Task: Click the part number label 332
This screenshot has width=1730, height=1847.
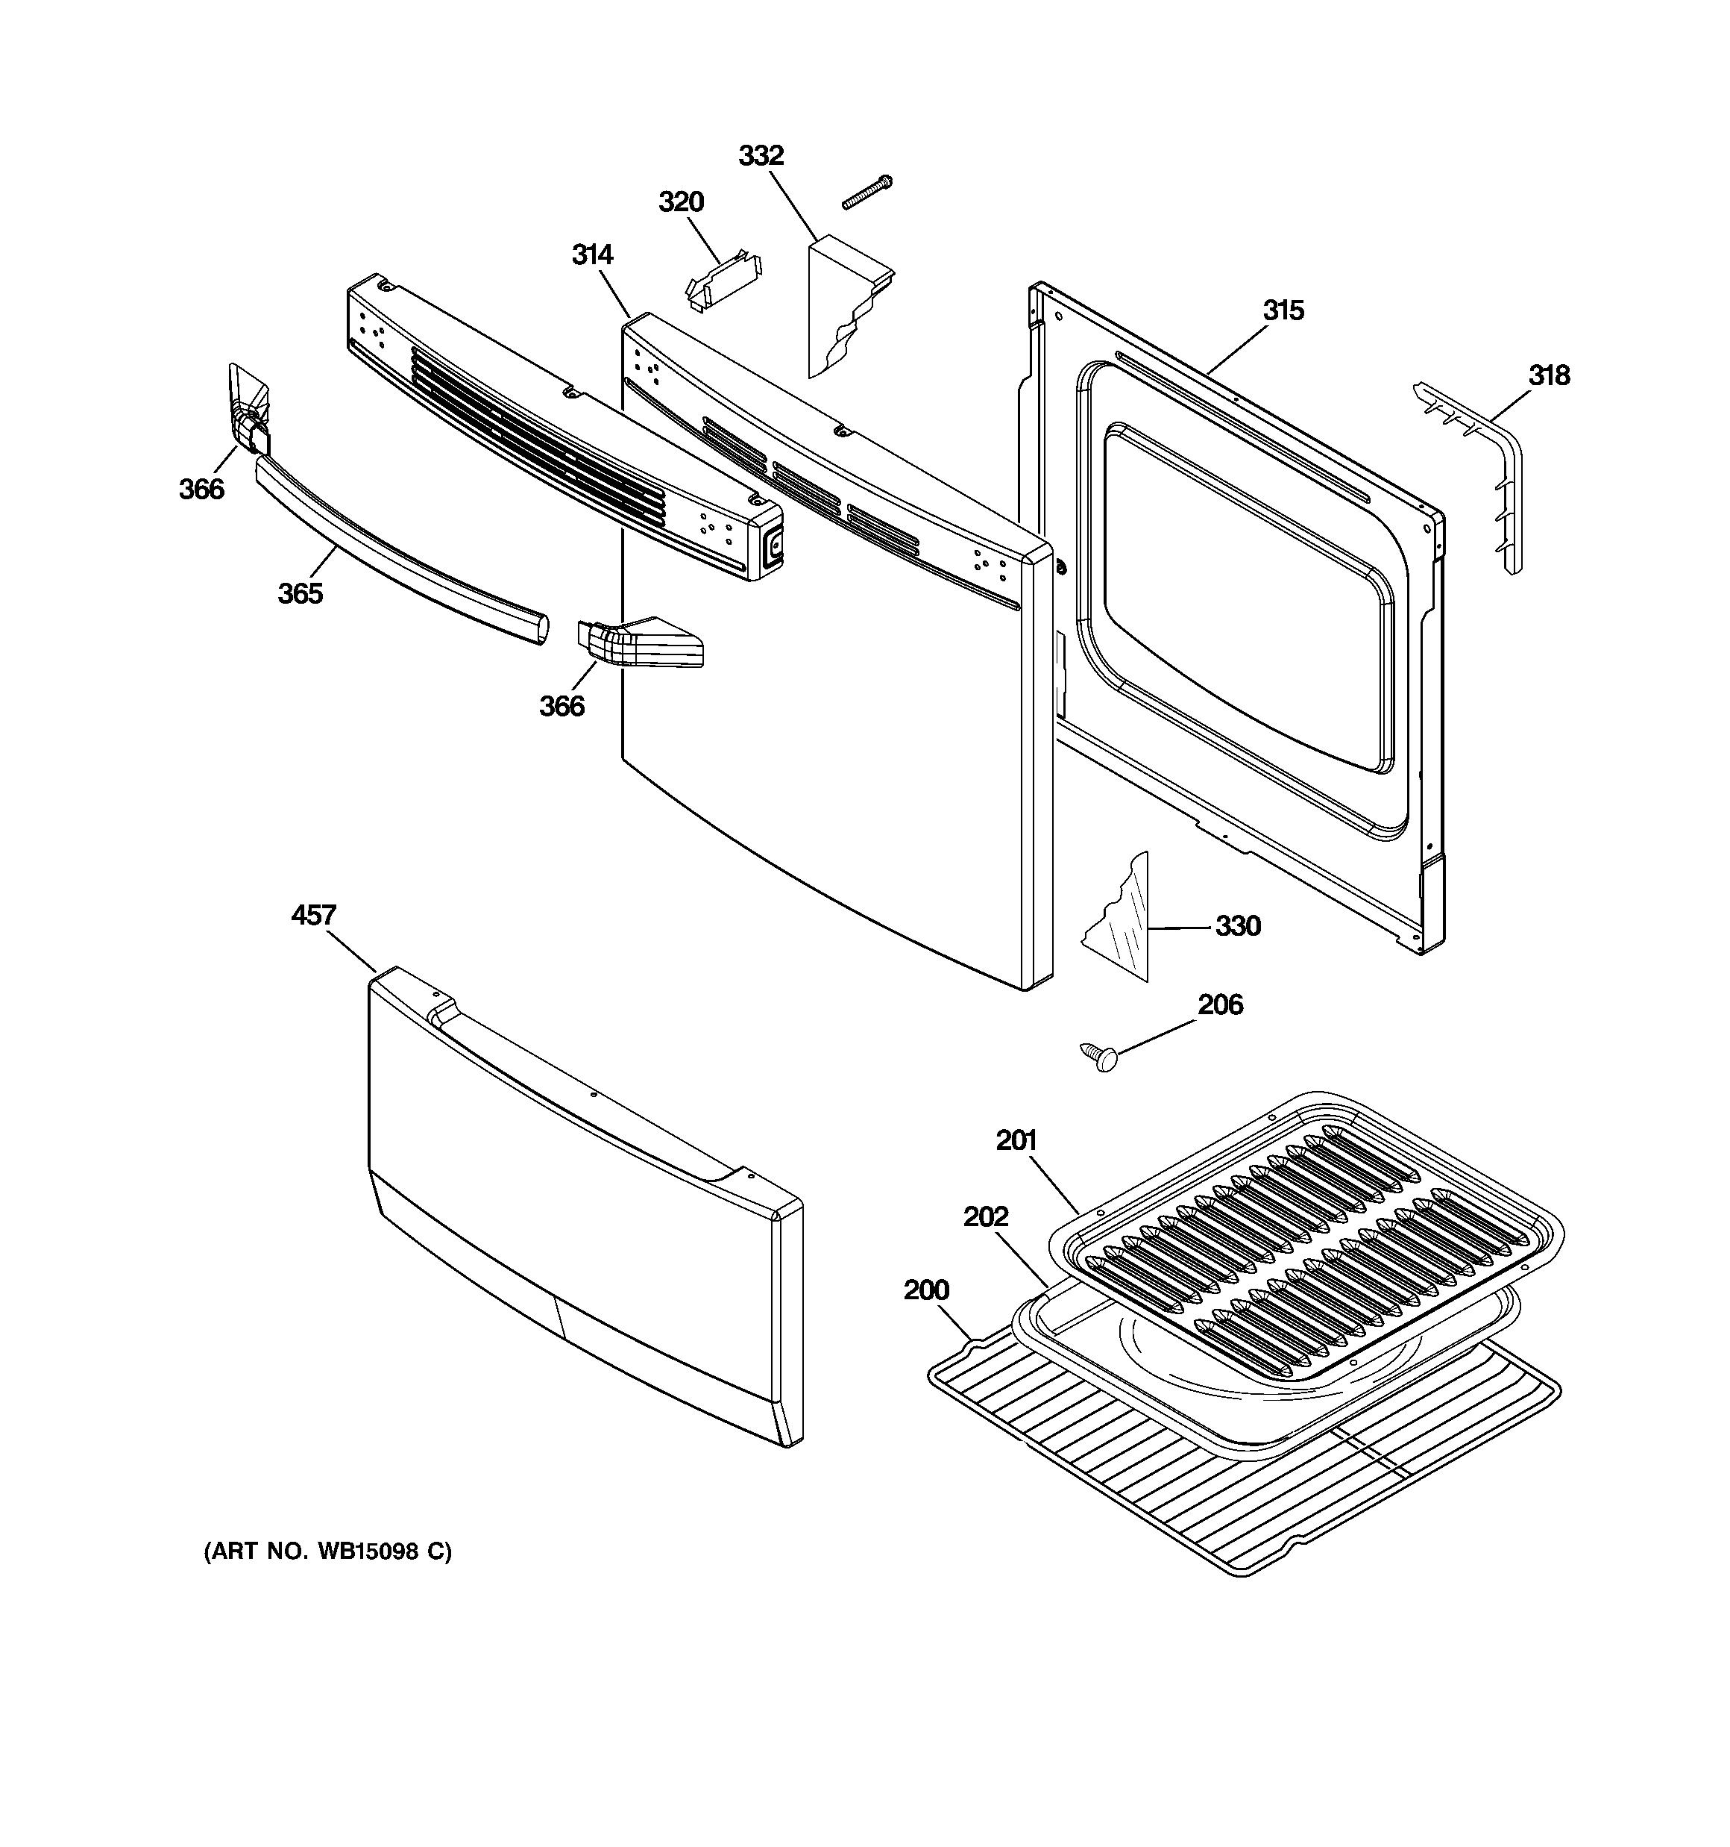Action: coord(761,156)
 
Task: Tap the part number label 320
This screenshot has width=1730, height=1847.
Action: coord(681,201)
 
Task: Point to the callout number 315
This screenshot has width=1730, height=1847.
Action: coord(1283,310)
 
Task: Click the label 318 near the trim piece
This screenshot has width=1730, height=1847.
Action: coord(1549,375)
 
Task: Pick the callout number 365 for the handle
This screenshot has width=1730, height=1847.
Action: coord(300,593)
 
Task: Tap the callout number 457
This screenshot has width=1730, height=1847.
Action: coord(313,915)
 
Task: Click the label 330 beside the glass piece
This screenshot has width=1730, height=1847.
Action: coord(1238,925)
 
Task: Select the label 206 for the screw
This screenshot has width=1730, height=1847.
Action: coord(1219,1004)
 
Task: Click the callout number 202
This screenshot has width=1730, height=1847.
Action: coord(985,1216)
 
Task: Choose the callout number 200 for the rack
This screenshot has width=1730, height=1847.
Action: coord(926,1290)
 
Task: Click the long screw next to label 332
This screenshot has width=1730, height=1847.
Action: coord(866,193)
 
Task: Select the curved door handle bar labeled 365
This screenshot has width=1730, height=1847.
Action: coord(399,553)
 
